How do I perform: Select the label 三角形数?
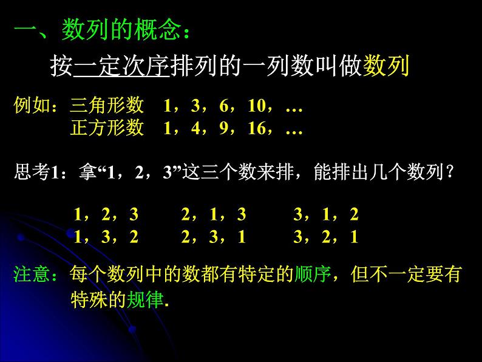(107, 106)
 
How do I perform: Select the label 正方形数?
(107, 129)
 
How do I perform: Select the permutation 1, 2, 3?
(106, 215)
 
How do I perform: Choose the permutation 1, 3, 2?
(106, 237)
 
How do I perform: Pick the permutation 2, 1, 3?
(214, 215)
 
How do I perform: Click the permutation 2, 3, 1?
(214, 237)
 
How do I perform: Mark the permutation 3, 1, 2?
(326, 215)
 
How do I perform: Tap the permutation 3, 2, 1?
(326, 237)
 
